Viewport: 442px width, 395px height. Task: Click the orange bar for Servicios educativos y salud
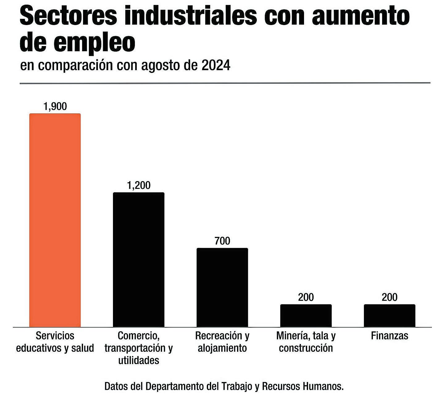pyautogui.click(x=55, y=220)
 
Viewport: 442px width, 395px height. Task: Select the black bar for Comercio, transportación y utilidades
pyautogui.click(x=139, y=260)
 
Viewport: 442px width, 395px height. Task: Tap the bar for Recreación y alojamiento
pyautogui.click(x=222, y=287)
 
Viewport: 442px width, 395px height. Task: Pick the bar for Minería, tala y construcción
pyautogui.click(x=306, y=316)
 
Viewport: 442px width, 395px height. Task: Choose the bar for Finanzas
pyautogui.click(x=390, y=316)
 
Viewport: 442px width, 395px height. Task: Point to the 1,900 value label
pyautogui.click(x=55, y=106)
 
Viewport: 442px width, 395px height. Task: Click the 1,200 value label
pyautogui.click(x=139, y=185)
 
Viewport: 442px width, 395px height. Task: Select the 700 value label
pyautogui.click(x=222, y=241)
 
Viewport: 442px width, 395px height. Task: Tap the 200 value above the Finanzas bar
pyautogui.click(x=390, y=297)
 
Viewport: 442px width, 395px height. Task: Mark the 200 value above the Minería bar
pyautogui.click(x=306, y=297)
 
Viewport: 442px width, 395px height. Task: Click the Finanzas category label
pyautogui.click(x=390, y=336)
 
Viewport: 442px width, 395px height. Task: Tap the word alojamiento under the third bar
pyautogui.click(x=222, y=348)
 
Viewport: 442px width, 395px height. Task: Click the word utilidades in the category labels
pyautogui.click(x=139, y=360)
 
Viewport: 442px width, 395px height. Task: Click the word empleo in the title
pyautogui.click(x=94, y=43)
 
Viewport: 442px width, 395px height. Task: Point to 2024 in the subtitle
pyautogui.click(x=216, y=65)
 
